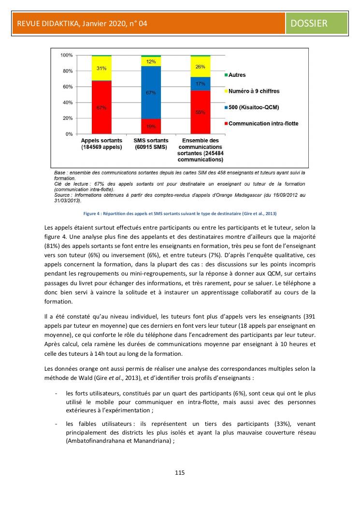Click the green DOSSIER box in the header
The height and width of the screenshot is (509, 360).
coord(317,23)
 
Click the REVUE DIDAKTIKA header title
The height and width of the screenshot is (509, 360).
coord(82,23)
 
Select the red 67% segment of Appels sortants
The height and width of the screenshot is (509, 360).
coord(101,107)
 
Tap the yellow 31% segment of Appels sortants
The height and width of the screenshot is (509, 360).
coord(101,69)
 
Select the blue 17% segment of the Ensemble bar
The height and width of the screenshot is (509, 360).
coord(200,84)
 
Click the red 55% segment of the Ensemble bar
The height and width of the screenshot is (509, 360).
coord(200,112)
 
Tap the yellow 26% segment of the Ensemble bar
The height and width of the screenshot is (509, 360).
coord(200,67)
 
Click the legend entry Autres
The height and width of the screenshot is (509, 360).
coord(237,75)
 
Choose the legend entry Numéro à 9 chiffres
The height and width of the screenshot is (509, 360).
coord(254,91)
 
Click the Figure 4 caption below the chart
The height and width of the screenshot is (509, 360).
coord(180,213)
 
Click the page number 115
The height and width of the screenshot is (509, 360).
coord(180,472)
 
